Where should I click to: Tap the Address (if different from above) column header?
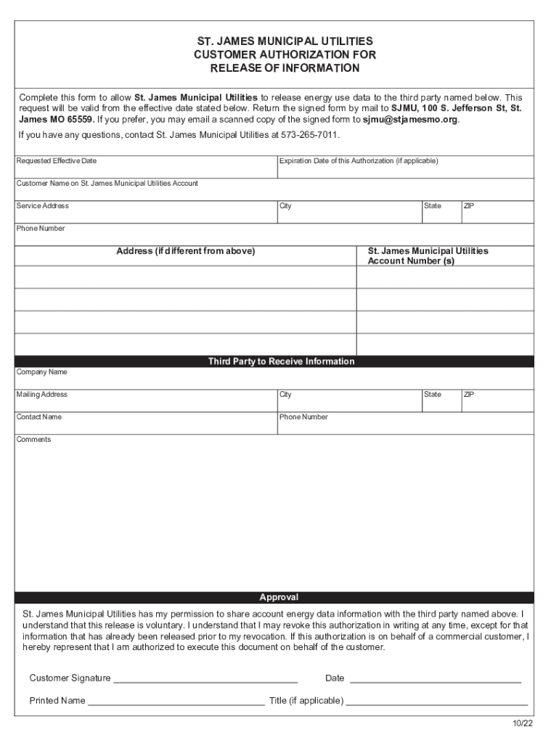[186, 251]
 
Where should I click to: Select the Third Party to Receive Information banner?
[281, 361]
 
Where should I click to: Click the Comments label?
[34, 440]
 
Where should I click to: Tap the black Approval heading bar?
[279, 597]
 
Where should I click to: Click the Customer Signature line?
[205, 679]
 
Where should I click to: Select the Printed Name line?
[176, 702]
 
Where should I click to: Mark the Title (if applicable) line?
[436, 702]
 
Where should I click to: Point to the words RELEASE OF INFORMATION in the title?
[285, 68]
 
